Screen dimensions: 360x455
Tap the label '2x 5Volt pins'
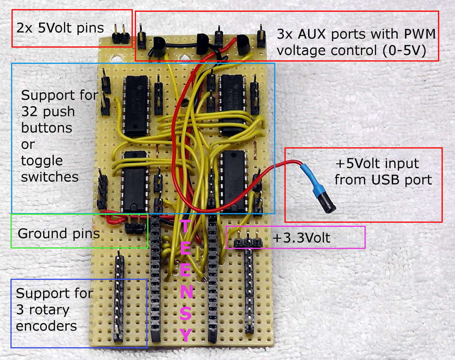60,28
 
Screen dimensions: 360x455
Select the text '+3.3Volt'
301,238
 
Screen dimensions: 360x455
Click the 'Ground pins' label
59,233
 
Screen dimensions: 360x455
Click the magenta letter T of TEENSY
185,227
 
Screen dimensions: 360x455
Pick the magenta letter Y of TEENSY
186,334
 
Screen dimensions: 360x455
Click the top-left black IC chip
136,106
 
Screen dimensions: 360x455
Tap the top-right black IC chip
232,105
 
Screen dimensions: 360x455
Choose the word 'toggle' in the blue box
42,161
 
